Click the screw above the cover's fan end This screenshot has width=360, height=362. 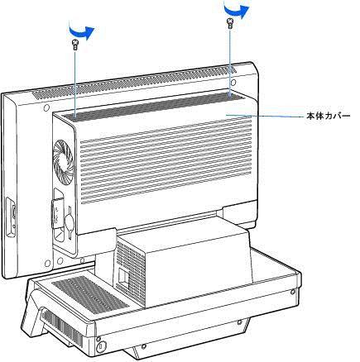74,45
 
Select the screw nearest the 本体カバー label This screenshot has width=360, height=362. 229,23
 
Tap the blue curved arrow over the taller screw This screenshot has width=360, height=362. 236,9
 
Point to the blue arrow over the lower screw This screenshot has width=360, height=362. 81,31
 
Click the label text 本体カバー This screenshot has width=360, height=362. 329,116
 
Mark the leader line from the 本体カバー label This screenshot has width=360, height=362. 266,116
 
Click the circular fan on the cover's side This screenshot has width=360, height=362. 63,163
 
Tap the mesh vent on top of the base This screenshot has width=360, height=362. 90,295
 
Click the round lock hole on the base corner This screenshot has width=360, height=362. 100,345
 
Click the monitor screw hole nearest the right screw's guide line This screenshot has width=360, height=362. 233,82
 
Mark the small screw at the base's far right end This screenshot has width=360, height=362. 293,292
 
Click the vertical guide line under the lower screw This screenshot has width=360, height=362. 74,83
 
